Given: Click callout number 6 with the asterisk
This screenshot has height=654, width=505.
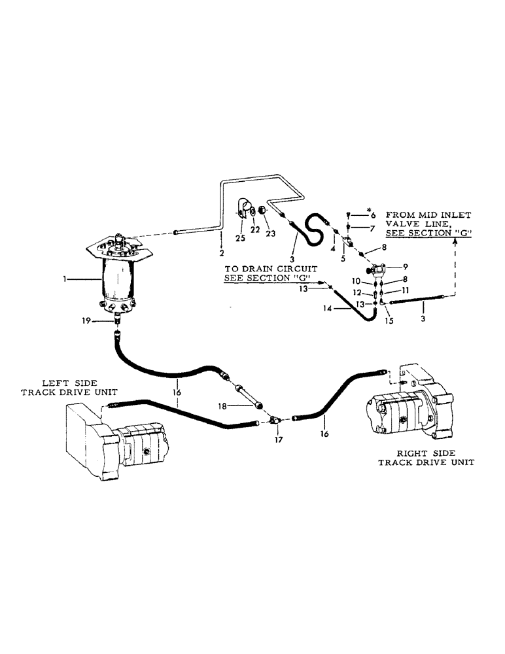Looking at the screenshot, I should point(374,215).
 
